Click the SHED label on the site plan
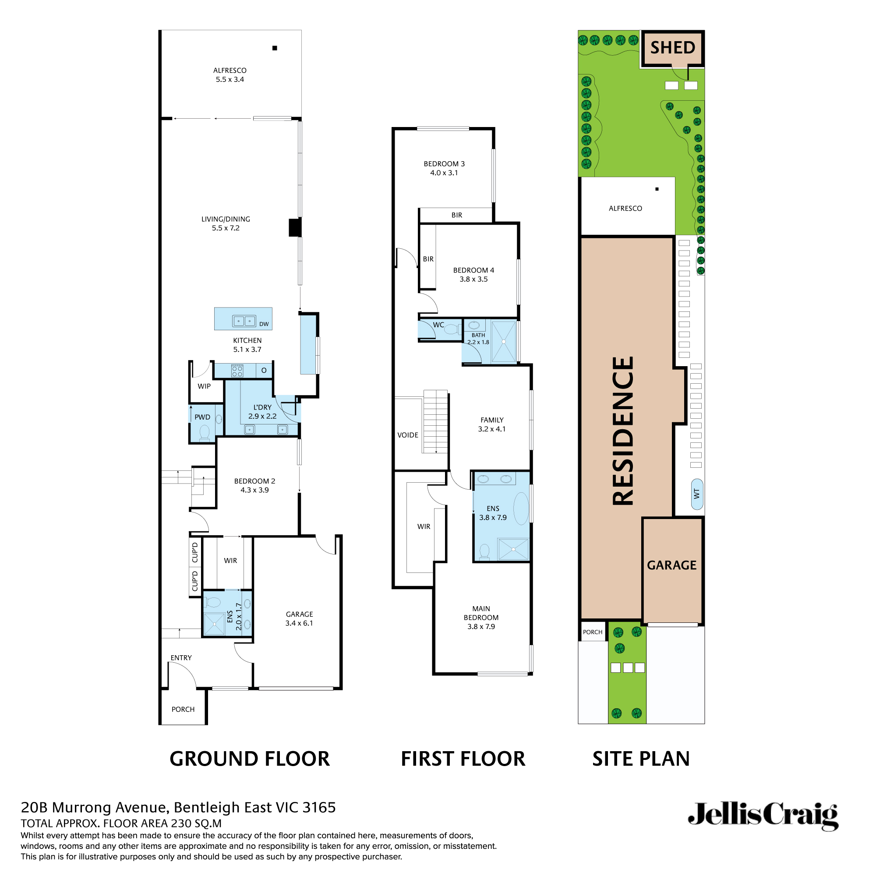(672, 48)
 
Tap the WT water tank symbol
(697, 494)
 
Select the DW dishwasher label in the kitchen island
(264, 324)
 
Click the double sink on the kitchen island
(244, 321)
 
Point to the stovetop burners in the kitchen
(237, 371)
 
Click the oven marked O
(264, 371)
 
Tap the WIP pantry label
(204, 386)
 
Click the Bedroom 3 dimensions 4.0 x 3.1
(444, 173)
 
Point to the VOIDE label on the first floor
(408, 435)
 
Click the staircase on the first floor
(435, 422)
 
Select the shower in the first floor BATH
(504, 342)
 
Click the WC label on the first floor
(438, 325)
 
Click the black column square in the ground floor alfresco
(275, 48)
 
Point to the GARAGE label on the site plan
(671, 565)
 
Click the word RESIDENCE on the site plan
(623, 431)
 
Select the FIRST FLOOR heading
(463, 759)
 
